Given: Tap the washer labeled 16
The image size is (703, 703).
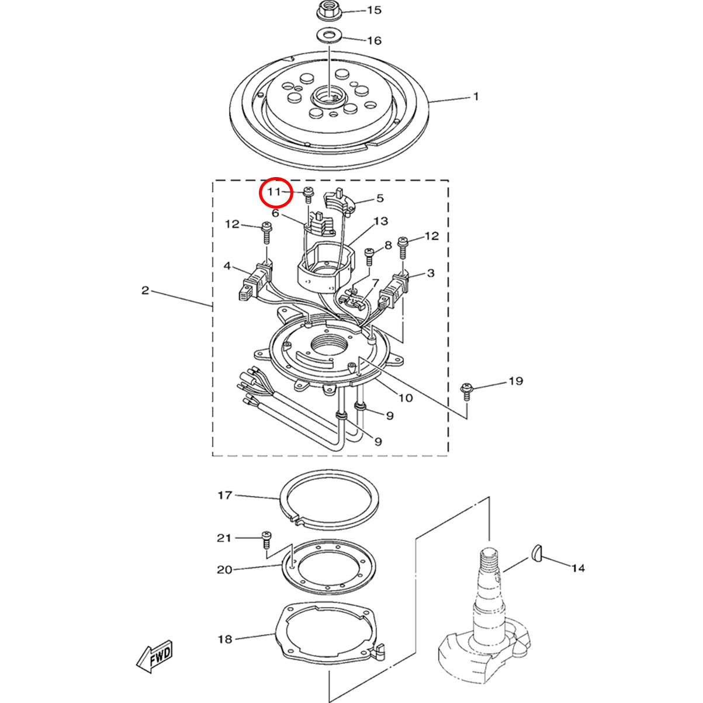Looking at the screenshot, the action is click(x=330, y=36).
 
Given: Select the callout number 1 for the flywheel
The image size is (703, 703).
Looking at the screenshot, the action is click(x=475, y=96).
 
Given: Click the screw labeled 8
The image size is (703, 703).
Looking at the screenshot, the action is click(x=369, y=257).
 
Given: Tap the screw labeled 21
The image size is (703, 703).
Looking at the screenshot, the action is click(x=266, y=546).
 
